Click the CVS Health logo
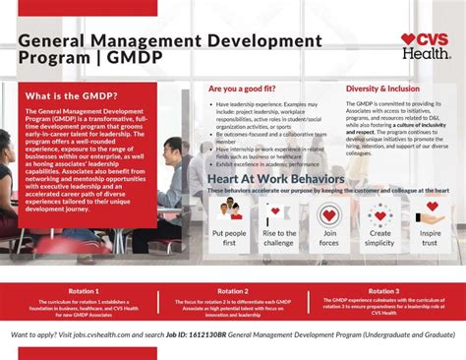(425, 45)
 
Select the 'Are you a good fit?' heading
(241, 89)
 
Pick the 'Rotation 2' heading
(233, 292)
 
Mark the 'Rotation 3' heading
(384, 292)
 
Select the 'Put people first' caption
(229, 238)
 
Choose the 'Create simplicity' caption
(380, 238)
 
